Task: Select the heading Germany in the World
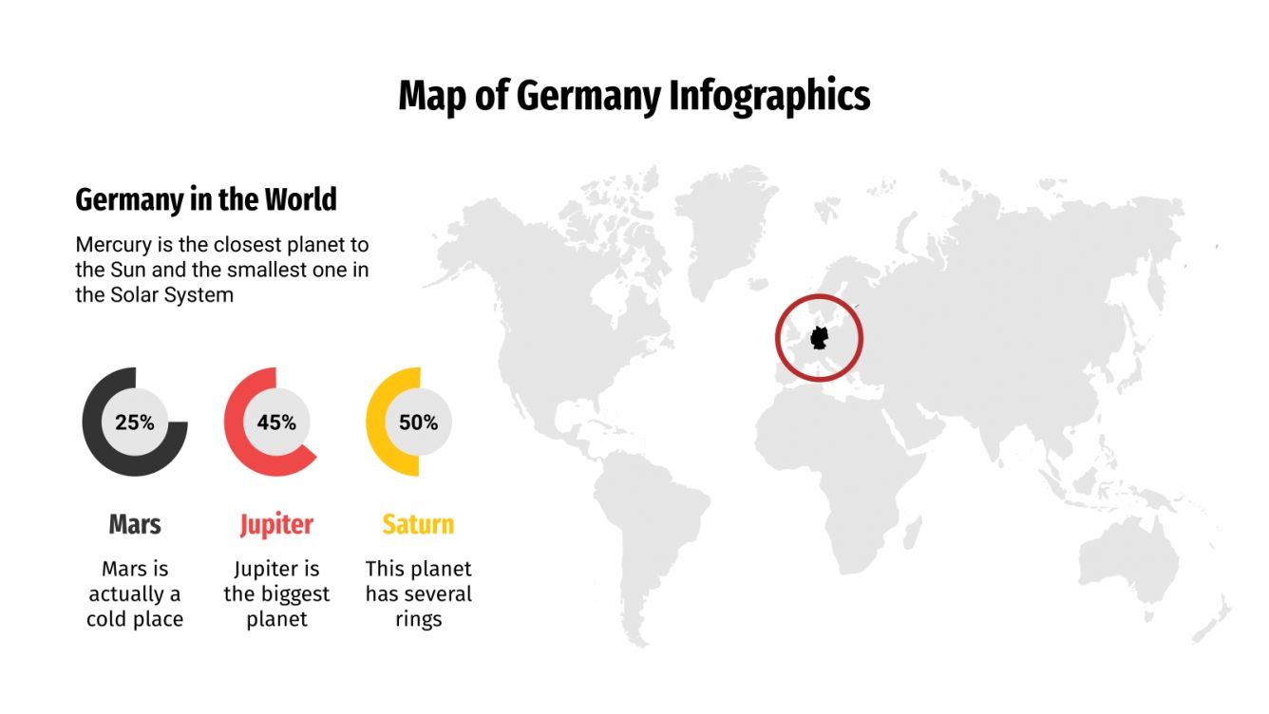pos(206,200)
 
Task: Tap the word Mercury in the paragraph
pos(112,244)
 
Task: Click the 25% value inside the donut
pos(135,423)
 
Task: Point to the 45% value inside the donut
pos(276,423)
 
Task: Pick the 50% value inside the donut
pos(418,423)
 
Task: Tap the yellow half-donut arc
pos(374,423)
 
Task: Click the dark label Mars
pos(135,524)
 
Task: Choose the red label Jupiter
pos(276,524)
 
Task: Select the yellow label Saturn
pos(418,524)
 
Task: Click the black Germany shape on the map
pos(819,337)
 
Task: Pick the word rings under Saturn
pos(419,619)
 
